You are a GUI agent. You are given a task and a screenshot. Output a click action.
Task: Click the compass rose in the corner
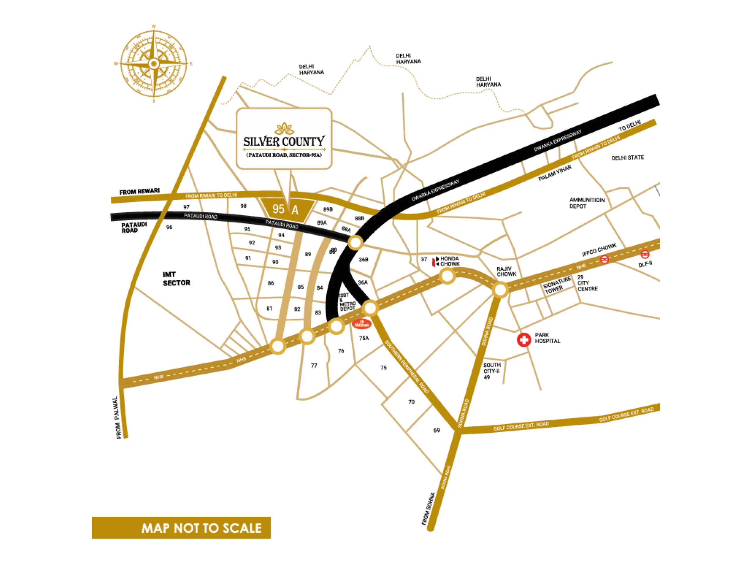click(154, 63)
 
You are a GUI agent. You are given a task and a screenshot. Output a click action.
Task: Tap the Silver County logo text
click(284, 141)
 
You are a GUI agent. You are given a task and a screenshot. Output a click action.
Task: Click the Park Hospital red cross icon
click(523, 340)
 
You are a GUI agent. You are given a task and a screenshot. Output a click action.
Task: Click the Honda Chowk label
click(449, 261)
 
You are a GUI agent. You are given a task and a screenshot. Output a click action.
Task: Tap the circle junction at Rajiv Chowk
click(500, 290)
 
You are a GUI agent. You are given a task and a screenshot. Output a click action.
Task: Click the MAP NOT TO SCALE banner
click(181, 528)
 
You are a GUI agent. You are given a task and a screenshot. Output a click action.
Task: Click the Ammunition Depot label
click(587, 203)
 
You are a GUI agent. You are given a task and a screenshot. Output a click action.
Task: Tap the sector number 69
click(437, 430)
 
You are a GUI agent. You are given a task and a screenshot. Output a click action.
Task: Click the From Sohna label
click(428, 508)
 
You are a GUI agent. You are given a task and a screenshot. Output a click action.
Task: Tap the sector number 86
click(271, 283)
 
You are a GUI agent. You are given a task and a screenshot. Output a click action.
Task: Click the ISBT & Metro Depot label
click(347, 302)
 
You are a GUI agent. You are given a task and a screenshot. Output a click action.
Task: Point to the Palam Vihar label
click(555, 173)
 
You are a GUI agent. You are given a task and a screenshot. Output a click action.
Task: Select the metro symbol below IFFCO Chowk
click(604, 260)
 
